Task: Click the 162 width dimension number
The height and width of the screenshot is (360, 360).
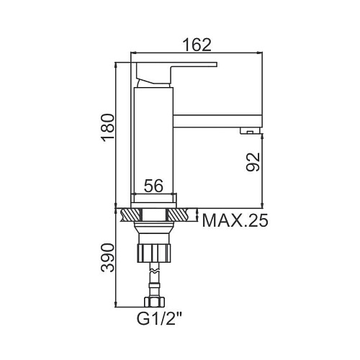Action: pos(197,45)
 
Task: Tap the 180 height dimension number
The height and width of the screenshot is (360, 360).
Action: pos(108,127)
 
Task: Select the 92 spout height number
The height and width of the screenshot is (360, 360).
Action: pos(253,162)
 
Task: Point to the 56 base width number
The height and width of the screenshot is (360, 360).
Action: pos(153,186)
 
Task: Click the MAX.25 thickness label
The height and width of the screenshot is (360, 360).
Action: pos(235,220)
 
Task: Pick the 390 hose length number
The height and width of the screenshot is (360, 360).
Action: pos(108,258)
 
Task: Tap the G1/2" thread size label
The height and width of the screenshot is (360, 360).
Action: pos(159,318)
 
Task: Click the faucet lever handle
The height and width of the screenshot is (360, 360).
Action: pos(176,72)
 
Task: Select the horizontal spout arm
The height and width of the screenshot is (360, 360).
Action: pos(217,121)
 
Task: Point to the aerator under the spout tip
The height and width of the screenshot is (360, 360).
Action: pos(250,130)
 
